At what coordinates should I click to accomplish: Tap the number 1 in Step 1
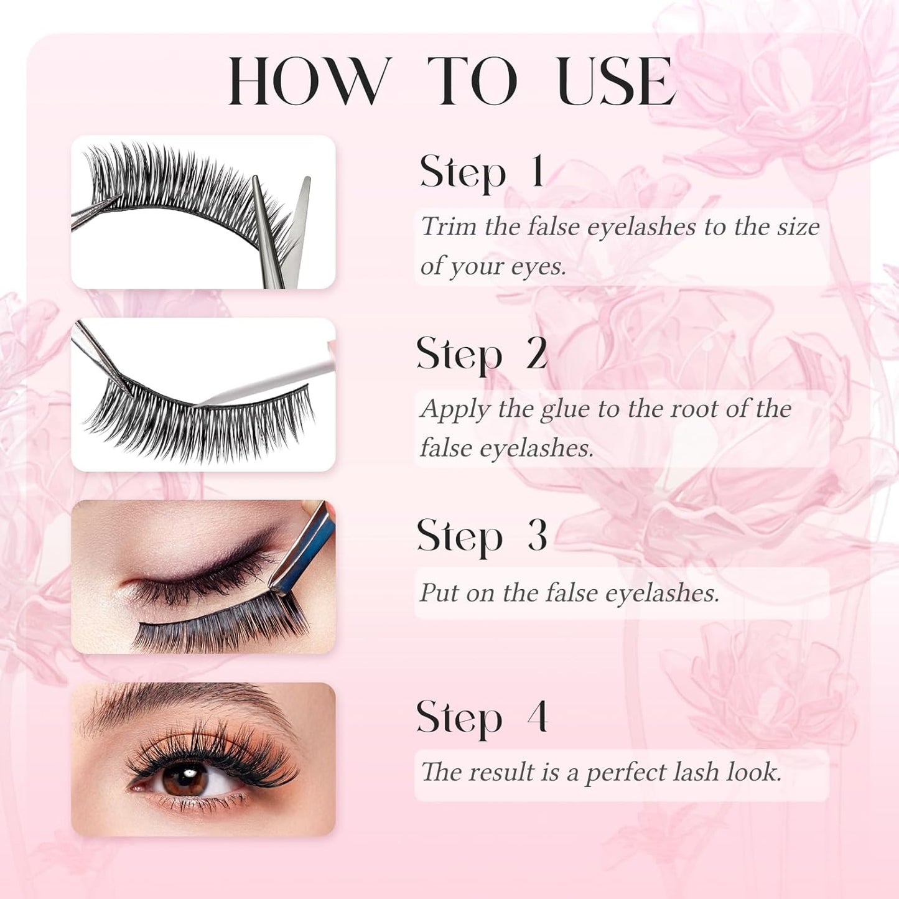point(537,171)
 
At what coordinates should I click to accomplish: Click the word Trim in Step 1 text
point(448,226)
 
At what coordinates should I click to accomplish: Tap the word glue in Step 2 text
point(564,409)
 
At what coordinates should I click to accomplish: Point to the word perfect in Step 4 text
point(625,773)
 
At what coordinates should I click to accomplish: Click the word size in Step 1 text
point(798,226)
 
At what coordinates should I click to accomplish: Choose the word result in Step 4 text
point(501,773)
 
